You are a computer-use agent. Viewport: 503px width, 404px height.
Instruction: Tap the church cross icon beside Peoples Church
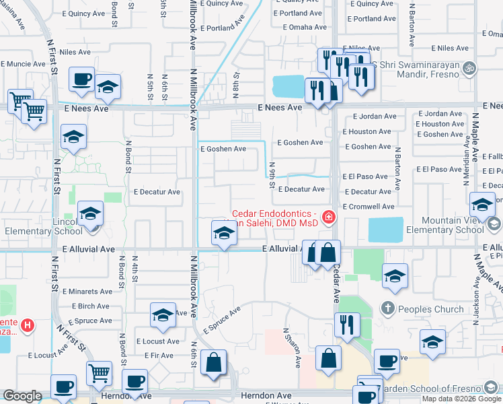coord(387,309)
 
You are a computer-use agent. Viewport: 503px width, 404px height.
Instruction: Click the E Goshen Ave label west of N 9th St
coord(223,149)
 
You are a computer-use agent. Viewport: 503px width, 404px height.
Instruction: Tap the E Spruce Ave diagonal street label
coord(222,321)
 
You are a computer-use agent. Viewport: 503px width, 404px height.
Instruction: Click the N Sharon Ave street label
coord(292,348)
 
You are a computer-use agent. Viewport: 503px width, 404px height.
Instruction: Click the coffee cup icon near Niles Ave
coord(81,79)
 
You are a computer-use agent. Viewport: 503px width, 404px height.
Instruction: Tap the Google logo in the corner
coord(22,396)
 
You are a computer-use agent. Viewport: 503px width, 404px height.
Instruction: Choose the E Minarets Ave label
coord(87,292)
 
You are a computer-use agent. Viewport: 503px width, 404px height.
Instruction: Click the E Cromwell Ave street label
coord(369,207)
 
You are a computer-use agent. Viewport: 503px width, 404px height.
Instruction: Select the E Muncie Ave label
coord(24,64)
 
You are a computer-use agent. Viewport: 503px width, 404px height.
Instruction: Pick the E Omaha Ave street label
coord(305,28)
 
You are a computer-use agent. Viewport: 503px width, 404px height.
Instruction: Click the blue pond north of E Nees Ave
coord(289,87)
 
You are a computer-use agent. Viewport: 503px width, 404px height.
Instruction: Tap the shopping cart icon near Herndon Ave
coord(99,372)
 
